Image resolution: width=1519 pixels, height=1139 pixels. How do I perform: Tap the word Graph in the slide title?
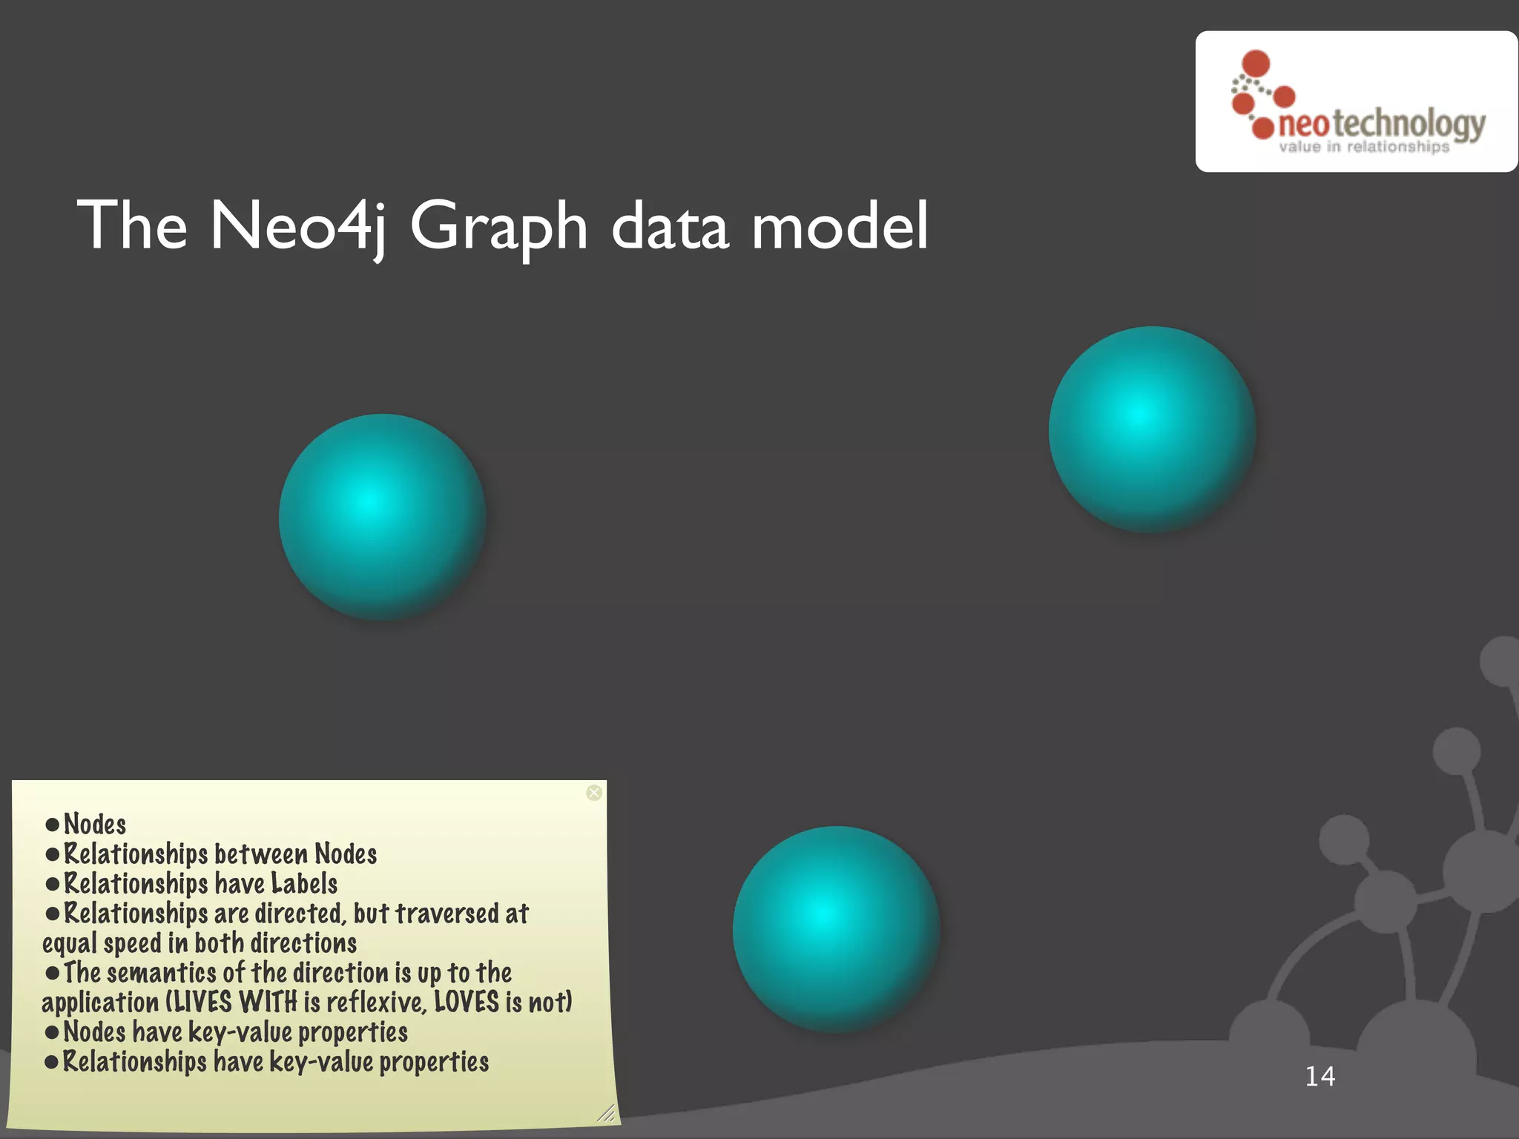(498, 227)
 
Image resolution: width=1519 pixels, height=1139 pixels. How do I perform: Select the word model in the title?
(839, 225)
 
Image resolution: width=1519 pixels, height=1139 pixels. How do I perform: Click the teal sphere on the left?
(382, 517)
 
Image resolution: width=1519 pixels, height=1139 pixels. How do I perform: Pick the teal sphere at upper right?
(1152, 429)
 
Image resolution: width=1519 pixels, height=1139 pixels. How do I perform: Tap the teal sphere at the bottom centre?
(836, 929)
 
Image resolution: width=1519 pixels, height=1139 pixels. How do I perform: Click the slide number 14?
(1319, 1076)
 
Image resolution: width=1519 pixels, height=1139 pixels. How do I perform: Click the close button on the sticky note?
(594, 793)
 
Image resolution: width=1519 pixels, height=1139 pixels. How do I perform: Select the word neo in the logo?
(1303, 125)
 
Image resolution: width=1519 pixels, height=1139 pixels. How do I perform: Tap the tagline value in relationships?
(1363, 147)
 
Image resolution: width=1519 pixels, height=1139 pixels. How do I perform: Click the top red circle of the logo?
(1256, 62)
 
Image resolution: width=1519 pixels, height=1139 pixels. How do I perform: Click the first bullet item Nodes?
(95, 824)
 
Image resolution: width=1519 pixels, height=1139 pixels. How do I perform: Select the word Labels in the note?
(304, 883)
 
